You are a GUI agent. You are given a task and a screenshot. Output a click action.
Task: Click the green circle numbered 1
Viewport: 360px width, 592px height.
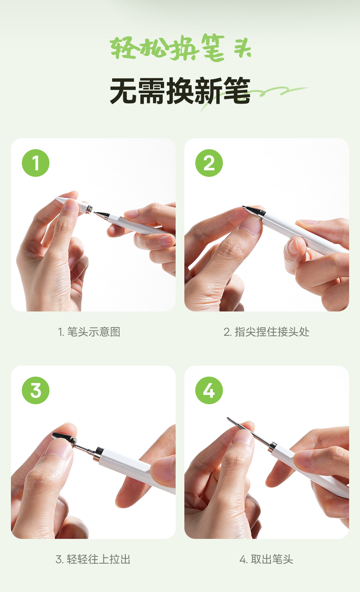[36, 163]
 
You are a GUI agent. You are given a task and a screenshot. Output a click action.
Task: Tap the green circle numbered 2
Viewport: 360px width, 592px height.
[209, 163]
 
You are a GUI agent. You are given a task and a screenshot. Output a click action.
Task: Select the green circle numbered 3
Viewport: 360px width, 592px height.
[36, 390]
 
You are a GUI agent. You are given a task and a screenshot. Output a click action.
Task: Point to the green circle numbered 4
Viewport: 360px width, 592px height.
[209, 390]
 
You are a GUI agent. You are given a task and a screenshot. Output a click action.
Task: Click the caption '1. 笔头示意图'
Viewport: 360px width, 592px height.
[89, 332]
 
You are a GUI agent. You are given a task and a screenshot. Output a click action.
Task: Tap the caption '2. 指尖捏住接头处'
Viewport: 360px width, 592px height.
[267, 332]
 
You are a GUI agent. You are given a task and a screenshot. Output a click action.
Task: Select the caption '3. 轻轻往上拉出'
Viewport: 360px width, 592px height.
[93, 559]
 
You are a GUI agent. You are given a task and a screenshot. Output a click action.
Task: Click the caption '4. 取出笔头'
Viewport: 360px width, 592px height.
[266, 559]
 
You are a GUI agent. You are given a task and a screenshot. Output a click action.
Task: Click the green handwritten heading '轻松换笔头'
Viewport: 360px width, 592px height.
[180, 48]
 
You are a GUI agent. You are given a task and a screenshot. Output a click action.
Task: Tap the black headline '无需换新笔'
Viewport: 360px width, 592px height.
[180, 91]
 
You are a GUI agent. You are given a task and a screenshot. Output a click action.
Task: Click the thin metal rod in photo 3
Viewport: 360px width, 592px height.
[84, 448]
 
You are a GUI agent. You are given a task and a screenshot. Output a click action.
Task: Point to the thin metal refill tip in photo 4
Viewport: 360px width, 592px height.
[249, 431]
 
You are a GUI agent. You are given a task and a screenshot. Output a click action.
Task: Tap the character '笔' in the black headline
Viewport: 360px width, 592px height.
[237, 91]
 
